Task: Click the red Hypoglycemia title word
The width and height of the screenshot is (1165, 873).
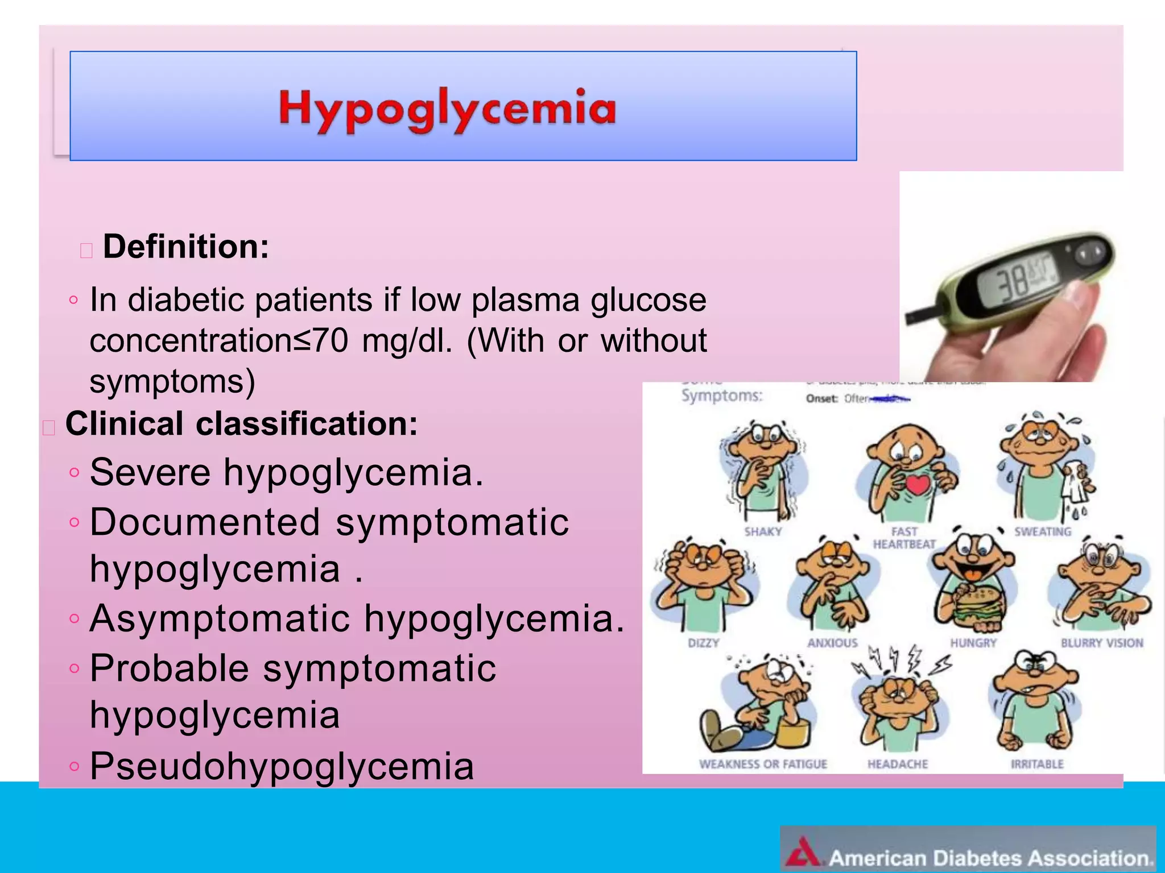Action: [447, 109]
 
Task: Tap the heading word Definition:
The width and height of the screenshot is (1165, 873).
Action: [185, 247]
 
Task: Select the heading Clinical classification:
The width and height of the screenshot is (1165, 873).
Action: [241, 424]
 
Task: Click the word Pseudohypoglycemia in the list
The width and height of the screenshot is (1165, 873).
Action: [282, 766]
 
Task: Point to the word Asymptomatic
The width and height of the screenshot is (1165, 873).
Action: [220, 618]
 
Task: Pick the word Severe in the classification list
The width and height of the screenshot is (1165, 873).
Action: [150, 472]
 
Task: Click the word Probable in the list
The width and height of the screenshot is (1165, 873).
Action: [169, 668]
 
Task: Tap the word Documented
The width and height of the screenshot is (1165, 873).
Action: [205, 522]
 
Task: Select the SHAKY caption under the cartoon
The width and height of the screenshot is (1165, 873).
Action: [763, 532]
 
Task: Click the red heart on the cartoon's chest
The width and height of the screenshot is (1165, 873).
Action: [916, 484]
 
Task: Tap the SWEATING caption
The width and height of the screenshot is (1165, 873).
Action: [1043, 532]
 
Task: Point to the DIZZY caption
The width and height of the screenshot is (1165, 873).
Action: [704, 643]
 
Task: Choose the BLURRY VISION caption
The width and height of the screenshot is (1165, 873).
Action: [1102, 643]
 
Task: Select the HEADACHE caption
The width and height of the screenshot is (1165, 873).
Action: [897, 764]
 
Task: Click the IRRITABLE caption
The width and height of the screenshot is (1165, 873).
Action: [1036, 764]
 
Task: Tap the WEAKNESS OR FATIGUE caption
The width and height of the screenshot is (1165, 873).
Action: [763, 764]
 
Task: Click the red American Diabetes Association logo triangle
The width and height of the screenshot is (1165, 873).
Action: [803, 852]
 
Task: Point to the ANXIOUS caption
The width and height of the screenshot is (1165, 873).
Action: [832, 643]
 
